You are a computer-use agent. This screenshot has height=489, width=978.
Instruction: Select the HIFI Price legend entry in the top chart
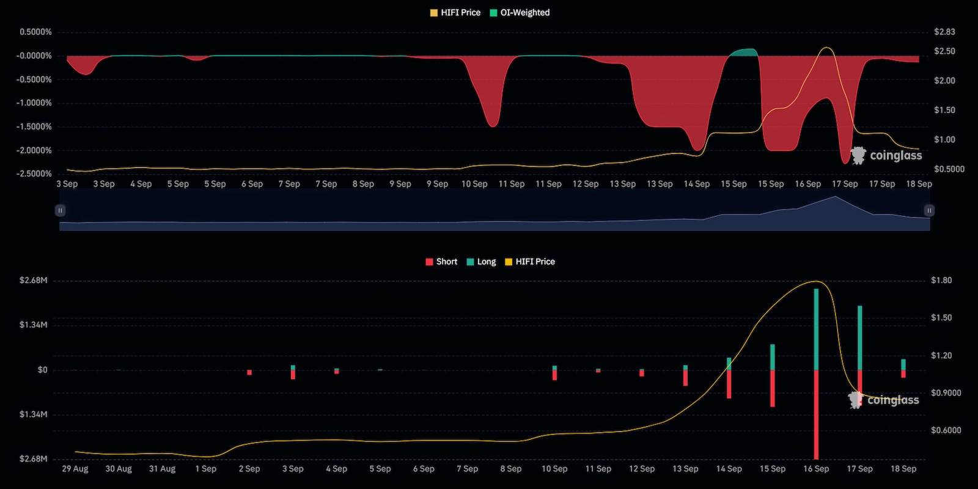pos(455,12)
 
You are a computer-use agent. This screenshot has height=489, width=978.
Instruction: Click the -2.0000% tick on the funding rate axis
pos(34,150)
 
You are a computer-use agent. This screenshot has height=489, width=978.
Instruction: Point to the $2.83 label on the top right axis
pos(944,32)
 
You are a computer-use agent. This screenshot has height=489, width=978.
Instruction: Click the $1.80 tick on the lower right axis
pos(941,281)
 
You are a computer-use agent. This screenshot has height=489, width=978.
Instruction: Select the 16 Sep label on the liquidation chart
pos(816,469)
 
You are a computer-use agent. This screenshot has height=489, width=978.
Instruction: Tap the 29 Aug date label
pos(75,469)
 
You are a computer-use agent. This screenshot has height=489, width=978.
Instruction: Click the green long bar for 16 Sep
pos(816,329)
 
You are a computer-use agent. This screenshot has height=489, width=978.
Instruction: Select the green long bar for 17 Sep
pos(860,337)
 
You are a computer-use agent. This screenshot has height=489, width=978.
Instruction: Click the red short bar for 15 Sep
pos(773,388)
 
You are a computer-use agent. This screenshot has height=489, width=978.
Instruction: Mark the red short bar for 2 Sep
pos(249,372)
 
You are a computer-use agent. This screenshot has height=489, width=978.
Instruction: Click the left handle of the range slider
pos(60,210)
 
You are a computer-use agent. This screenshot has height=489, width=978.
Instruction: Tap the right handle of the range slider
pos(929,210)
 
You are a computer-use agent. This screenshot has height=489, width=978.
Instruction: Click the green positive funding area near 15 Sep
pos(744,53)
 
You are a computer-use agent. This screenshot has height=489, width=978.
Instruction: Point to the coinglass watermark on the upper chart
pos(886,155)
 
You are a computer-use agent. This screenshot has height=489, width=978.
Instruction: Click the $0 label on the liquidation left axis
pos(42,370)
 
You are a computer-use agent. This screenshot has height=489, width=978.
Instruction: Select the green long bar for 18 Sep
pos(903,364)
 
